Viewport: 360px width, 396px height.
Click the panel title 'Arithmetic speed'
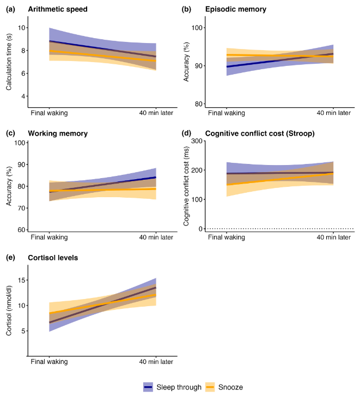pyautogui.click(x=58, y=10)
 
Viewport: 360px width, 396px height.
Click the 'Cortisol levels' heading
pyautogui.click(x=52, y=258)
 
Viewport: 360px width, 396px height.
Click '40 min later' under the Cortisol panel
pyautogui.click(x=156, y=362)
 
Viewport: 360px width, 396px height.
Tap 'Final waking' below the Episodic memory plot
pyautogui.click(x=225, y=113)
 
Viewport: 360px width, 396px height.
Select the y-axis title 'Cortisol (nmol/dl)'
pyautogui.click(x=9, y=308)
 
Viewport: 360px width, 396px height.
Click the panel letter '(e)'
pyautogui.click(x=9, y=258)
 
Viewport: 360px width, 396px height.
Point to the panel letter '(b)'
pyautogui.click(x=187, y=10)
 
